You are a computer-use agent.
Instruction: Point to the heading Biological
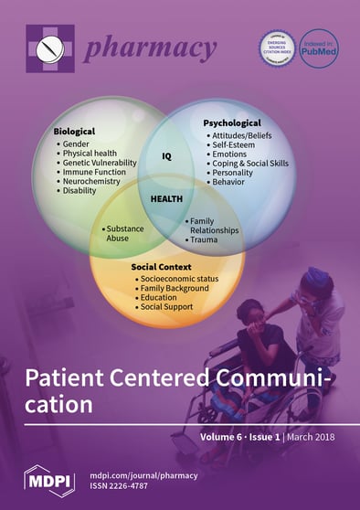pyautogui.click(x=74, y=132)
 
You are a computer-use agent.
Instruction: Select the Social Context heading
pyautogui.click(x=164, y=267)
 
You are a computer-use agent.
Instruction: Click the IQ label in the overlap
pyautogui.click(x=167, y=155)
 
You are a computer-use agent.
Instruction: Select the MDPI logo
pyautogui.click(x=48, y=476)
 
